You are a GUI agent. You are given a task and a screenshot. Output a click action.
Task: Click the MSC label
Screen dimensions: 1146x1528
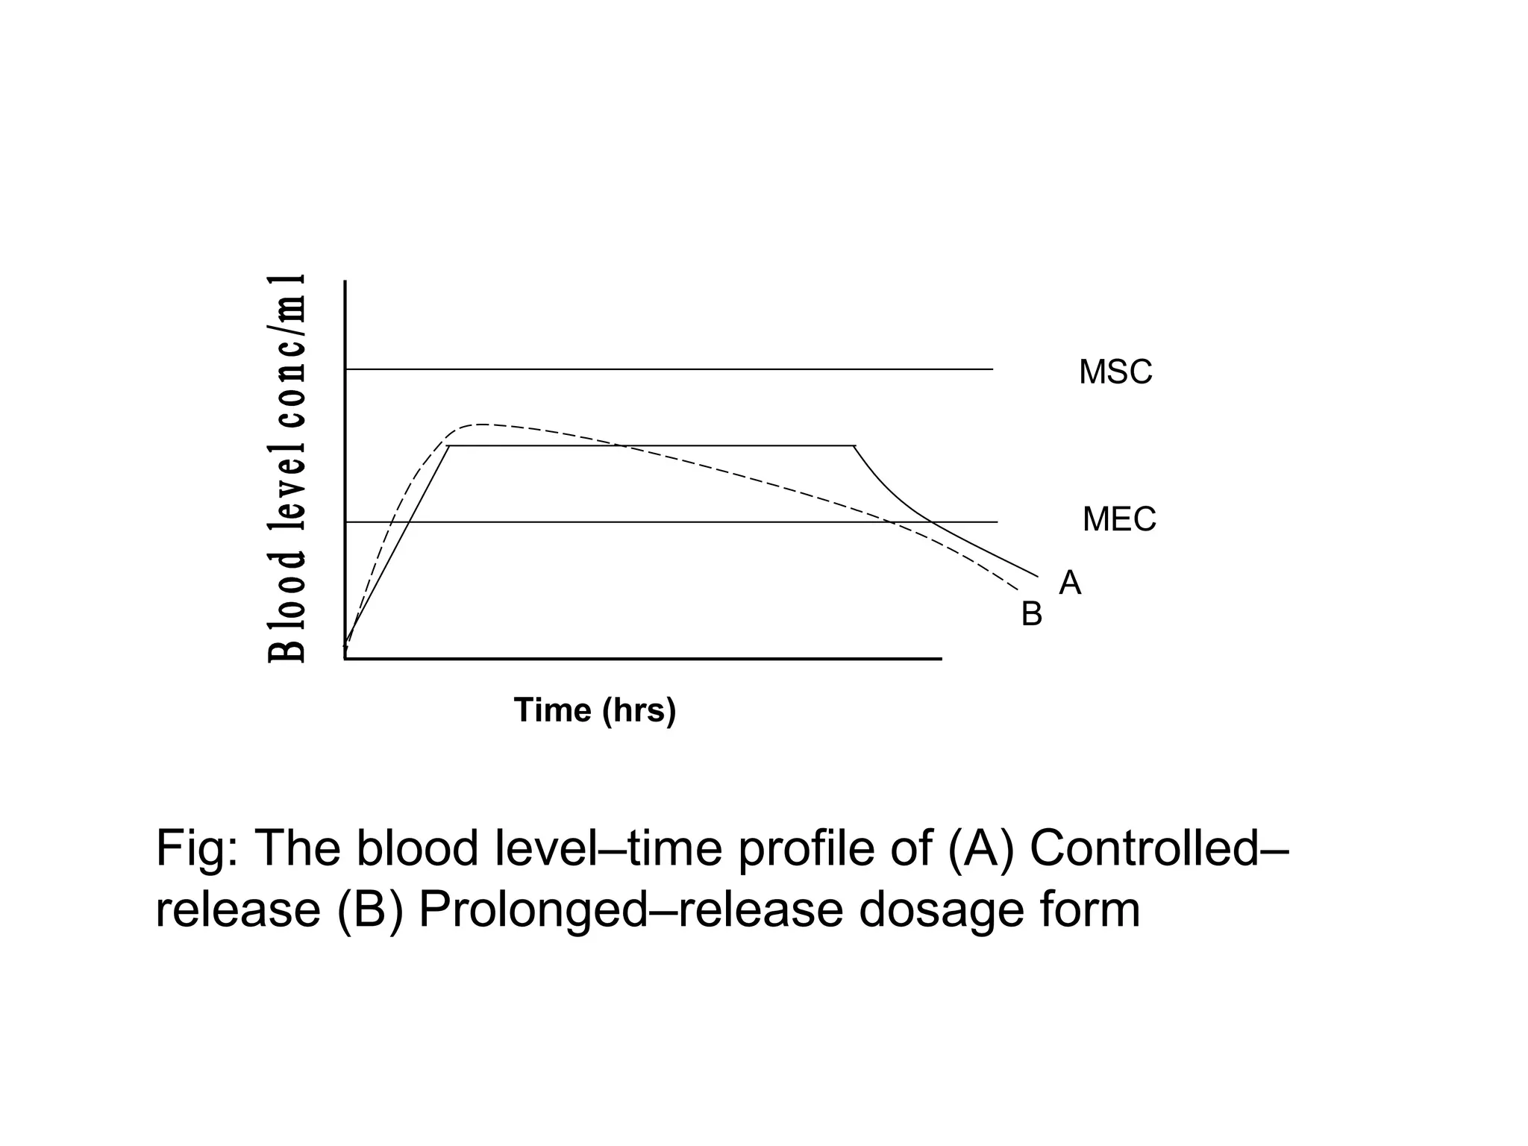coord(1115,372)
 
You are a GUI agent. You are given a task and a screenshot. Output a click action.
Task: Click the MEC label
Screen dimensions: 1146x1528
coord(1118,519)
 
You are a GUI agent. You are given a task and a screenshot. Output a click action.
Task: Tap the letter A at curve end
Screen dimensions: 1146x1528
coord(1069,583)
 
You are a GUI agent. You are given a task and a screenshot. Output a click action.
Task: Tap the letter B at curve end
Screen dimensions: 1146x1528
coord(1031,615)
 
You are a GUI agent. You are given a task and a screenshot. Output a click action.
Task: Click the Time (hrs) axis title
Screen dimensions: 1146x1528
coord(595,710)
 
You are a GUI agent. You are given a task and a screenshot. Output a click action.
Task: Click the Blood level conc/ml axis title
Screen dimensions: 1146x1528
coord(287,469)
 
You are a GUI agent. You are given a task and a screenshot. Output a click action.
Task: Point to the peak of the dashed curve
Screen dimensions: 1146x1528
coord(482,425)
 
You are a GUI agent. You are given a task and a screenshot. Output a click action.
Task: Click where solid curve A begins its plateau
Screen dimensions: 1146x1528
coord(448,446)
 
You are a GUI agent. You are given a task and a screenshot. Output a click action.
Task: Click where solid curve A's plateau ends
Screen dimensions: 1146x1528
coord(854,446)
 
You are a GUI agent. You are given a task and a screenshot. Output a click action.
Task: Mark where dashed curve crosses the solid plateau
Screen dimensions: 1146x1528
coord(623,446)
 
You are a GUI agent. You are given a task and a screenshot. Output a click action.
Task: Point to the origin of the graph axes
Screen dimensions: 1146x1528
coord(345,658)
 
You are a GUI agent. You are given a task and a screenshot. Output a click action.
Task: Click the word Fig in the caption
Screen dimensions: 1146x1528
coord(193,848)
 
